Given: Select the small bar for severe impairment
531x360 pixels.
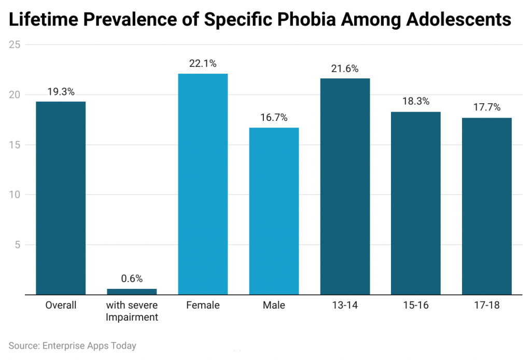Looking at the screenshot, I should pyautogui.click(x=132, y=292).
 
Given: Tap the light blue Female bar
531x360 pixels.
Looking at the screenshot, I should pyautogui.click(x=203, y=184).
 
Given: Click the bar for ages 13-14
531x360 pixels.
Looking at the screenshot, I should pyautogui.click(x=345, y=187).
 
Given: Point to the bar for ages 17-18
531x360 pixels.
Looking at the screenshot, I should pyautogui.click(x=486, y=206).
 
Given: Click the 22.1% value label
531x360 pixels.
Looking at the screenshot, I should pyautogui.click(x=203, y=64).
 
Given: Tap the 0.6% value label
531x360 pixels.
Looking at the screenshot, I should pyautogui.click(x=132, y=279).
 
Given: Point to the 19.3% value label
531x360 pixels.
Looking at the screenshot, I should pyautogui.click(x=61, y=92).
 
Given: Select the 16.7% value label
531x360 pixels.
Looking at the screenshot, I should pyautogui.click(x=274, y=118).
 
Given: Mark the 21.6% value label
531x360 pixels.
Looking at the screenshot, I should pyautogui.click(x=345, y=68).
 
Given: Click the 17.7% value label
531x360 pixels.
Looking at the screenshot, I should pyautogui.click(x=486, y=108).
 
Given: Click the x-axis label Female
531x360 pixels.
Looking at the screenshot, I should pyautogui.click(x=203, y=306).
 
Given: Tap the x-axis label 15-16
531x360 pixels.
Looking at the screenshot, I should pyautogui.click(x=416, y=306).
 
